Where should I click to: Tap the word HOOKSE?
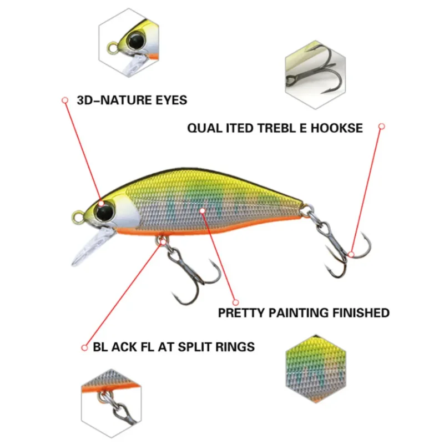336,128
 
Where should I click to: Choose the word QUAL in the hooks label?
204,128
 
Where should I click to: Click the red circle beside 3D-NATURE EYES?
64,100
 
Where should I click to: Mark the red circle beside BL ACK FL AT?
84,347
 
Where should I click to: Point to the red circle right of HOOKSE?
381,127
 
